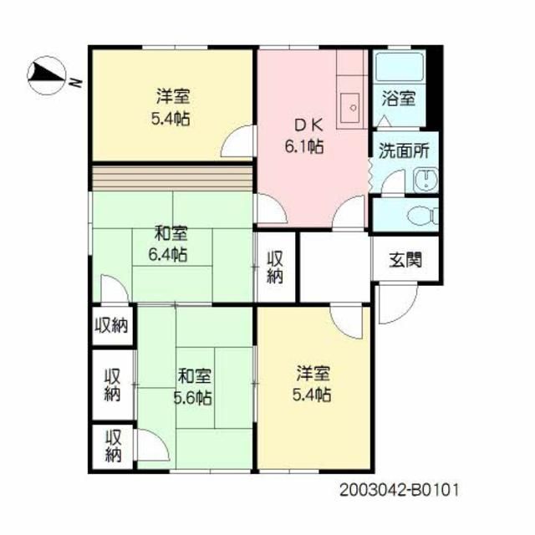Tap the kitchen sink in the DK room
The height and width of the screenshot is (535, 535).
352,108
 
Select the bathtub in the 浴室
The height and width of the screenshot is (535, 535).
399,67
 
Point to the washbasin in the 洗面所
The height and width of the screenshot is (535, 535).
425,181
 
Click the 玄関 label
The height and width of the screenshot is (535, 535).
405,260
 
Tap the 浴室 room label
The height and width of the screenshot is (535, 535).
399,99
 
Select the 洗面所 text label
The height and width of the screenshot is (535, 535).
404,150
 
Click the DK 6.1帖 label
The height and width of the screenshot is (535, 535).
304,136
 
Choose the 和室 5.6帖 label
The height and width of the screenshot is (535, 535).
193,386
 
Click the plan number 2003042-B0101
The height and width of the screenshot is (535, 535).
400,491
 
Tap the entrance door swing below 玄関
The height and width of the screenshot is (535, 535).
398,303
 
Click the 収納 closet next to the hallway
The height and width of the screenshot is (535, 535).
275,267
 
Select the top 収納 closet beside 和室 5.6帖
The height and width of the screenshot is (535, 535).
111,325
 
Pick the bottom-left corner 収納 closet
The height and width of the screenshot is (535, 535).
114,446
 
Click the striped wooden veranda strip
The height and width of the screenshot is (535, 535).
172,178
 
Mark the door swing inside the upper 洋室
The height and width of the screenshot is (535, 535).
237,140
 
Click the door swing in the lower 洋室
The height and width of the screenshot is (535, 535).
346,321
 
